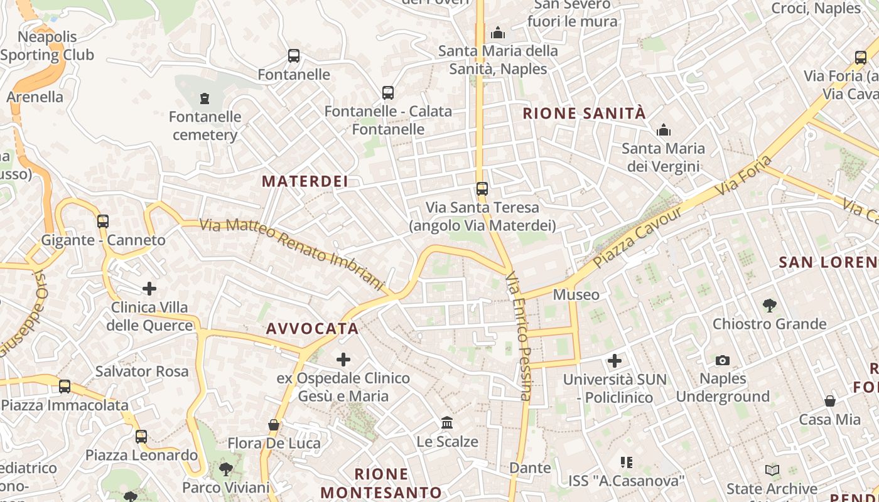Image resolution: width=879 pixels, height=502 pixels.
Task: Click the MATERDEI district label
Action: point(305,181)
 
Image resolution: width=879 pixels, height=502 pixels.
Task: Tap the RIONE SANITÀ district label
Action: point(584,114)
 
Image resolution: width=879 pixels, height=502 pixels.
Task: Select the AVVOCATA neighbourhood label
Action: point(312,329)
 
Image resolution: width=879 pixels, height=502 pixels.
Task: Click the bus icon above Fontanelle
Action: point(294,56)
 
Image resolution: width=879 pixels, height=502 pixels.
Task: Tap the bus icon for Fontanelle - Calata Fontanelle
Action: point(388,93)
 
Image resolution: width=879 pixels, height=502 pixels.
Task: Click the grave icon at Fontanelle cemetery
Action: point(204,98)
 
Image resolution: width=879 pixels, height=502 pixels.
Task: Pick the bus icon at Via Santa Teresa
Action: point(482,188)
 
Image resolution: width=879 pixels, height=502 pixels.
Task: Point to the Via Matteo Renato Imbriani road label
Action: point(291,254)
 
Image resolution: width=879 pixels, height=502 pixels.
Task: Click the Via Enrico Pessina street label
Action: point(519,336)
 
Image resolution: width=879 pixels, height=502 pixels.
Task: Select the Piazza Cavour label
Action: point(637,237)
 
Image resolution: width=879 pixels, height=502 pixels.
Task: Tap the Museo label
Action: point(576,294)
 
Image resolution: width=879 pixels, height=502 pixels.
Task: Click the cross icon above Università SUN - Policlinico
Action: point(615,361)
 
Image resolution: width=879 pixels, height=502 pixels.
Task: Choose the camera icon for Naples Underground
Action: point(723,360)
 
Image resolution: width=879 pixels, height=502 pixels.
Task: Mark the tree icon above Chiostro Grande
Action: point(769,306)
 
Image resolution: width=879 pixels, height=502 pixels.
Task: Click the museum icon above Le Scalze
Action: point(447,422)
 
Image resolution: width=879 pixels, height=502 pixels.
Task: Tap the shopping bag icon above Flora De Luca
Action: point(274,425)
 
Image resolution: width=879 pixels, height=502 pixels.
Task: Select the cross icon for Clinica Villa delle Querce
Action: point(149,289)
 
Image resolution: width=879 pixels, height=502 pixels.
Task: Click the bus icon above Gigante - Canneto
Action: point(103,221)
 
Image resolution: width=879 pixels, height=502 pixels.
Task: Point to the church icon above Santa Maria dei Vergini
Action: point(663,131)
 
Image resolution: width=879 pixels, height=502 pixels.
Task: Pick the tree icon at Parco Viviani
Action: point(225,469)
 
